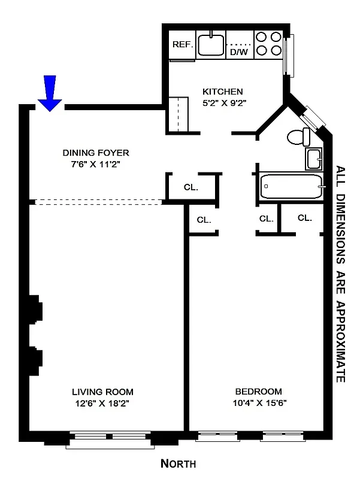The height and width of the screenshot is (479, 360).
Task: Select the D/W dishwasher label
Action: [x=239, y=52]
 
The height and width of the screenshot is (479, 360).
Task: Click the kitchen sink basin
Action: [x=211, y=44]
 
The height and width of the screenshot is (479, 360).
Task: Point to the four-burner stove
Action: [x=268, y=44]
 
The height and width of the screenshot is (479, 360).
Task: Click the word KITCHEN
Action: [x=223, y=92]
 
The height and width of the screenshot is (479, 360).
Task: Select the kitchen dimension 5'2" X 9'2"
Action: [x=225, y=102]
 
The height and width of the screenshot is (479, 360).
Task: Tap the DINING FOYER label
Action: [x=96, y=153]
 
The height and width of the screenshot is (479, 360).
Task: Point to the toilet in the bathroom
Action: [x=297, y=137]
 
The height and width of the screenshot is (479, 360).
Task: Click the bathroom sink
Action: [x=314, y=159]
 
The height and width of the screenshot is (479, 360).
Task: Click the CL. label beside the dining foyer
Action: [x=191, y=187]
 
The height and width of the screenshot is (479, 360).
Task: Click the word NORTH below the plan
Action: [x=179, y=463]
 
